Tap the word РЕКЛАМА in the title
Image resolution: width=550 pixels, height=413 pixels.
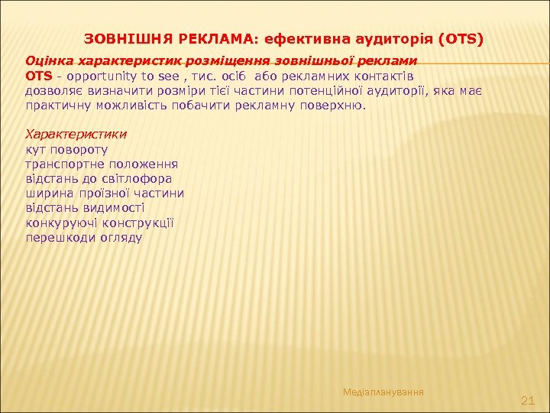tap(199, 37)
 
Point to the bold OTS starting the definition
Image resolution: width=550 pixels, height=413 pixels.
tap(39, 76)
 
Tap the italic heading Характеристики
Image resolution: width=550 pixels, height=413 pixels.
tap(76, 133)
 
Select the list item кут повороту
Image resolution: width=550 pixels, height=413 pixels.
tap(66, 150)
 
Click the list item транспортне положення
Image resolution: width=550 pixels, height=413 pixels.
tap(102, 164)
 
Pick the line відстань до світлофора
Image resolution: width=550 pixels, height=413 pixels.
tap(99, 178)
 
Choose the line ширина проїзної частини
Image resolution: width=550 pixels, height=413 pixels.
tap(105, 193)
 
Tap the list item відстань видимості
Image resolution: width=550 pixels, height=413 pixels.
tap(86, 207)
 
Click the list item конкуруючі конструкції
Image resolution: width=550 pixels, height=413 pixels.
tap(100, 223)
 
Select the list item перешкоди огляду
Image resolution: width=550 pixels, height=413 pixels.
tap(83, 237)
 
